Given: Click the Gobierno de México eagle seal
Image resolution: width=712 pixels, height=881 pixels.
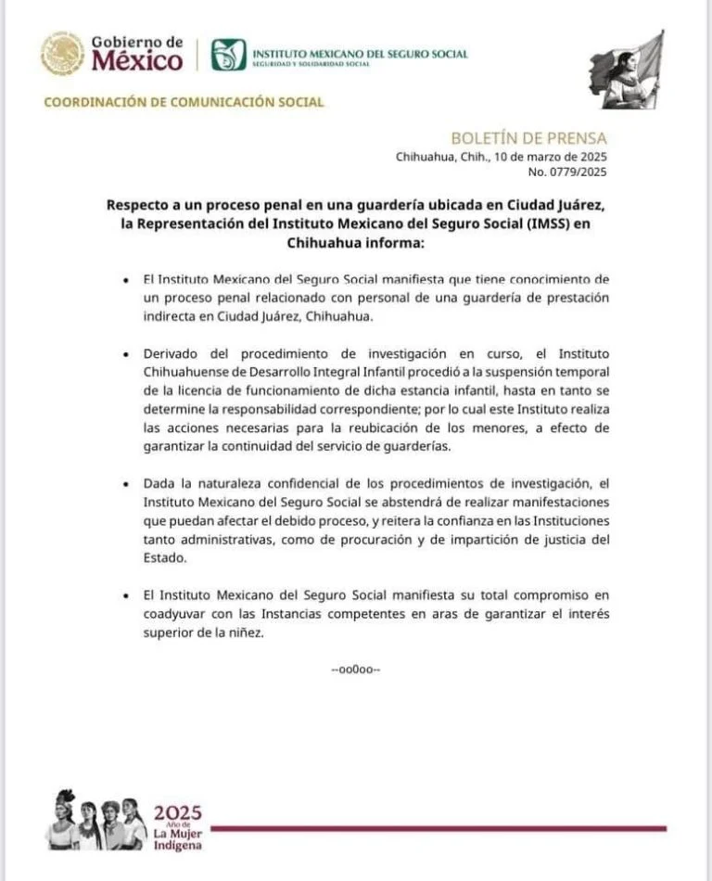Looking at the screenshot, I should (x=62, y=54).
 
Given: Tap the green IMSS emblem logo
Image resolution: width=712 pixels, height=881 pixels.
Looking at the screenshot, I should (x=228, y=55).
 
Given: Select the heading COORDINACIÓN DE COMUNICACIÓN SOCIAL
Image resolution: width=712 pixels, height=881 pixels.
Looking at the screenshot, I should (x=184, y=102).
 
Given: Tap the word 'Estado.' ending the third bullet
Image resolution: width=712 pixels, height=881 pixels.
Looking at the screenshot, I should (x=163, y=558).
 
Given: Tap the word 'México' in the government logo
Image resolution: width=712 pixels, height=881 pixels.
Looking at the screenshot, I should (x=135, y=61).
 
